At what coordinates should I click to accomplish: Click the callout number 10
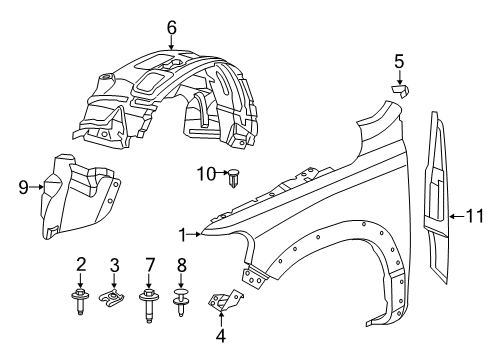coord(206,176)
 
